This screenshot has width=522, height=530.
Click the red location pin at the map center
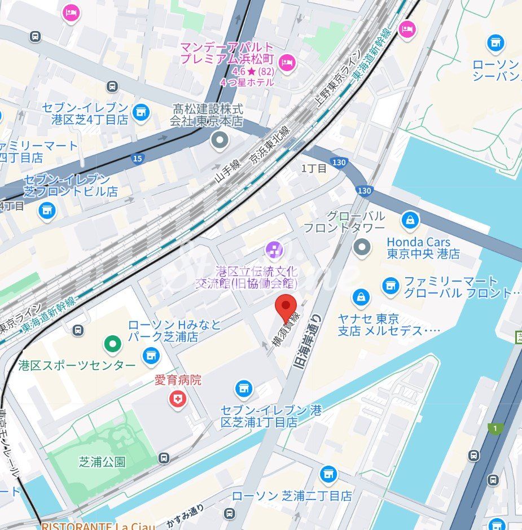286,308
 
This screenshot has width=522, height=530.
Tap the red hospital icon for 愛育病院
178,400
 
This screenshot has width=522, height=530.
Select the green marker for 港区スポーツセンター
113,343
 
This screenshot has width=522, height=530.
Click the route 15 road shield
137,159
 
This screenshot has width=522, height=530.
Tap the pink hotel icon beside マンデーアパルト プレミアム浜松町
287,62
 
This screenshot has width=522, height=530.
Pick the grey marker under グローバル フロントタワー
361,247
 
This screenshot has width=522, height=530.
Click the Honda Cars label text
418,242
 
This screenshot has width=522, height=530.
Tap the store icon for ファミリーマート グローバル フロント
390,286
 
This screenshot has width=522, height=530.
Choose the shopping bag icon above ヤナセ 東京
361,296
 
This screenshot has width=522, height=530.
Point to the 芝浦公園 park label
102,462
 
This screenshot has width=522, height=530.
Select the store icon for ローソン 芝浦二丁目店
328,475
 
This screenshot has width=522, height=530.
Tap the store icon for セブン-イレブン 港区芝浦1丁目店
244,388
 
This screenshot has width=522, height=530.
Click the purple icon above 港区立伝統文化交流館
274,248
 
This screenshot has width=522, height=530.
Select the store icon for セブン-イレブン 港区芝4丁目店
141,113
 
